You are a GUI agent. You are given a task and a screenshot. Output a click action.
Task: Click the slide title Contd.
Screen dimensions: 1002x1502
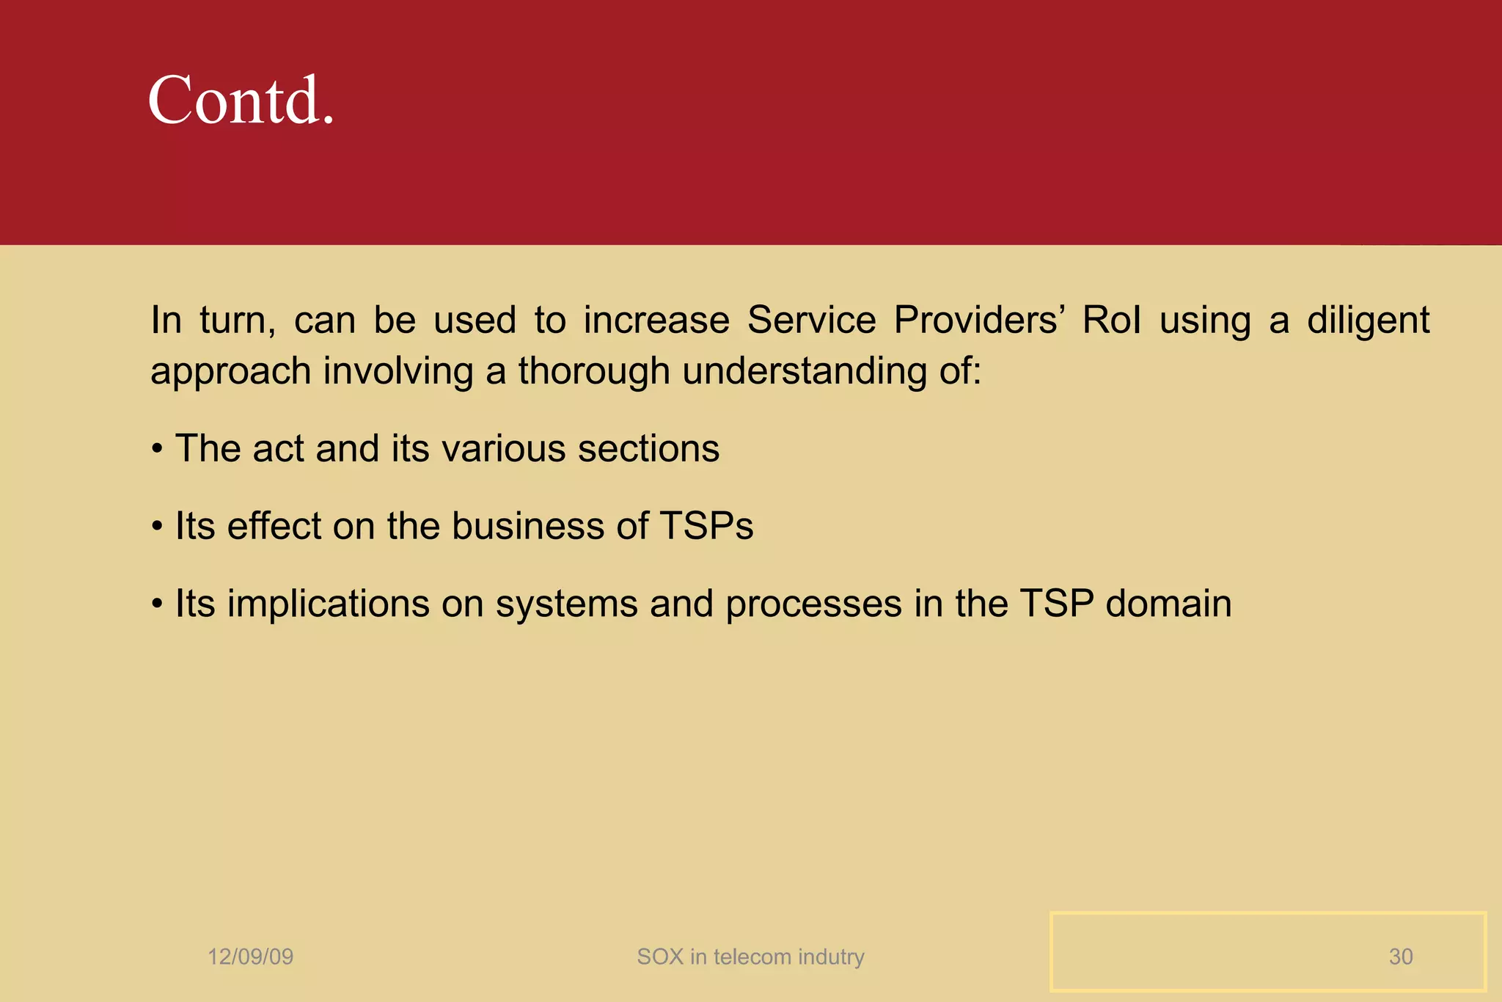click(x=241, y=100)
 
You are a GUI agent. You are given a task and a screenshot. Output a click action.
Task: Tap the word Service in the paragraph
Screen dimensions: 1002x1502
click(x=811, y=321)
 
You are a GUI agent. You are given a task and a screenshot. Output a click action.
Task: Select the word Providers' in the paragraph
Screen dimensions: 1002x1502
click(x=979, y=321)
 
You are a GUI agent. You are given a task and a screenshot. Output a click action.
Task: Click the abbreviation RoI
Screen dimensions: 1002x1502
click(x=1111, y=321)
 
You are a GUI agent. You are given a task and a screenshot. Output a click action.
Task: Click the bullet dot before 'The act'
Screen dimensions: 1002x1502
click(x=157, y=449)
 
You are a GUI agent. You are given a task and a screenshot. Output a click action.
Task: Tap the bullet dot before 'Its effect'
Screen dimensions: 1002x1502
click(x=157, y=527)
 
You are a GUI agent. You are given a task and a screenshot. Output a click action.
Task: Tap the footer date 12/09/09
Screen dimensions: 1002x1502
click(x=250, y=957)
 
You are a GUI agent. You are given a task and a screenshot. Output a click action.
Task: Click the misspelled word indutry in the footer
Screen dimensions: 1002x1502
click(x=831, y=957)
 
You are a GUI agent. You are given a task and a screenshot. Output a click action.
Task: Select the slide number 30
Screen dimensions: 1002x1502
click(x=1400, y=957)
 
